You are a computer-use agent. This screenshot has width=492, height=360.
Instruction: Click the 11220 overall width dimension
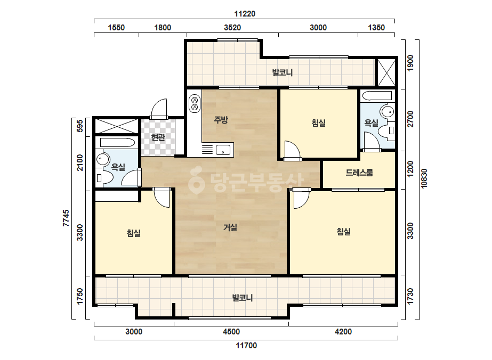pos(245,14)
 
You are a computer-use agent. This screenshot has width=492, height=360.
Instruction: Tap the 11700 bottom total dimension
pos(246,346)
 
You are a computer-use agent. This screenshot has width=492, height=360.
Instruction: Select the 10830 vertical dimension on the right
pos(424,178)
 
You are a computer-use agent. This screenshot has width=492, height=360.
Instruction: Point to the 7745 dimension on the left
pos(66,218)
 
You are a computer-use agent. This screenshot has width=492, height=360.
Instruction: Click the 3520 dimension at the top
pos(232,28)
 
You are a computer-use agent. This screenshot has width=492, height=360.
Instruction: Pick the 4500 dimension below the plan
pos(231,332)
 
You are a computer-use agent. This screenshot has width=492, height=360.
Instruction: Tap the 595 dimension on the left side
pos(80,126)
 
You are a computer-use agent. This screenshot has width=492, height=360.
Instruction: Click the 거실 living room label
pos(230,227)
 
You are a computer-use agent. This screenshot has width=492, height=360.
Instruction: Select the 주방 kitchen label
pos(221,120)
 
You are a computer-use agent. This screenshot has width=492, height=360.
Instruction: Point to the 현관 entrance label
pos(158,137)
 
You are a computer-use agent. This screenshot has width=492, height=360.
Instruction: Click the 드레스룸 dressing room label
pos(359,173)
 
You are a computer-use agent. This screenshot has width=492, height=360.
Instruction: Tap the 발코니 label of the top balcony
pos(283,73)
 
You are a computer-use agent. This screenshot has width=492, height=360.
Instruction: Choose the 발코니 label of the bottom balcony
pos(243,298)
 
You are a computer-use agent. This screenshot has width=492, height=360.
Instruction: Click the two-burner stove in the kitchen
pos(195,104)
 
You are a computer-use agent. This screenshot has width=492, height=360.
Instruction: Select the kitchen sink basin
pos(223,150)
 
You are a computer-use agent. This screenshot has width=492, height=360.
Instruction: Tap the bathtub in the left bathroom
pos(117,143)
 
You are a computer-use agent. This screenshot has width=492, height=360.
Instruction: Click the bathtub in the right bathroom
pos(376,96)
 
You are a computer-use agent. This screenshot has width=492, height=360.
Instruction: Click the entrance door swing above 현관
pos(159,109)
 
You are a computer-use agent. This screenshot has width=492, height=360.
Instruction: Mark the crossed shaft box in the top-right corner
pos(386,72)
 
